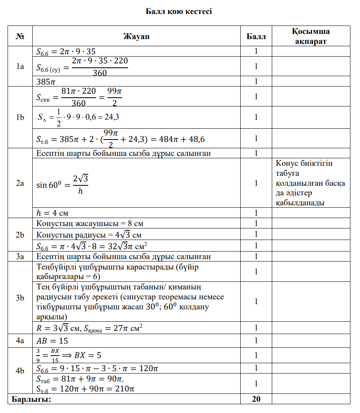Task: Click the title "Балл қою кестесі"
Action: point(179,11)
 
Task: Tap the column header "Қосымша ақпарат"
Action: point(311,37)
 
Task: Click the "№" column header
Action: point(20,37)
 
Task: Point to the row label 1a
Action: point(20,67)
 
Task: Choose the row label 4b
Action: point(20,371)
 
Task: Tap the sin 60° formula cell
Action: point(62,183)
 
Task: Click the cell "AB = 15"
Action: point(52,341)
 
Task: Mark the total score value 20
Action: point(256,399)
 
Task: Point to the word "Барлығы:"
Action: point(32,399)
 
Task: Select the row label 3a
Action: point(20,256)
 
